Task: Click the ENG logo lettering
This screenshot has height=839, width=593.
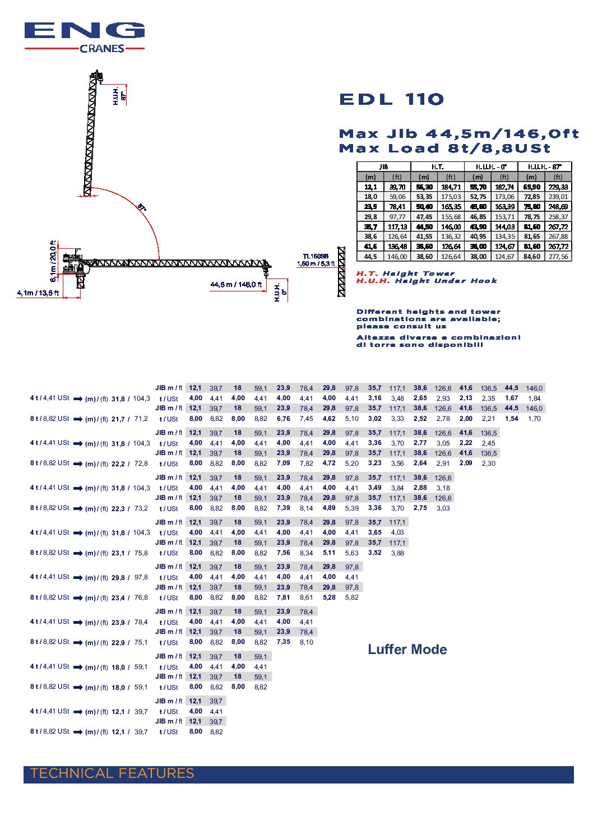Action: pos(84,31)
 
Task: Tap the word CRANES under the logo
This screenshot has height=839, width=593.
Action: pos(102,49)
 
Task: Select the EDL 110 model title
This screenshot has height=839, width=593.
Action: pos(391,100)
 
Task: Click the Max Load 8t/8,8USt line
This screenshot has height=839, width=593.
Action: pos(444,149)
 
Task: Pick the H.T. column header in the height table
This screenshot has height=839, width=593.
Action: pos(437,167)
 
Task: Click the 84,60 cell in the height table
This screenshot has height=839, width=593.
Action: pos(531,257)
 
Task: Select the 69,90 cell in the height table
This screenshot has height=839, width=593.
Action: pos(531,187)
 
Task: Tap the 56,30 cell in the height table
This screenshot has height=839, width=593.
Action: pos(424,187)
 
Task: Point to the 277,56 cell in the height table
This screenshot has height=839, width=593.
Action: pos(558,257)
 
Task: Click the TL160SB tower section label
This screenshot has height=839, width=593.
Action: pos(316,256)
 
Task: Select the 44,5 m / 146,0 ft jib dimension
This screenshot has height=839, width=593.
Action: pos(236,285)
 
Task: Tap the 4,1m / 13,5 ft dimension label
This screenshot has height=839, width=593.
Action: pos(38,293)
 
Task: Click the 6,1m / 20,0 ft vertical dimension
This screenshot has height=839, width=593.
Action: pos(53,261)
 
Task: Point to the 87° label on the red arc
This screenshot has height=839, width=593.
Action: pos(142,207)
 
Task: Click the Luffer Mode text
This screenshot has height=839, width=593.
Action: pos(407,650)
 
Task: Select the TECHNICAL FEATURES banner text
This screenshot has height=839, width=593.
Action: pos(112,774)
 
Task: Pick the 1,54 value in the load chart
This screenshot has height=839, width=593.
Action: pos(511,419)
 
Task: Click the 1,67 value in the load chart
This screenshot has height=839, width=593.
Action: pos(511,398)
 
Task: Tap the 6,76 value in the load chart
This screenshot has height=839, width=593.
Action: pos(284,419)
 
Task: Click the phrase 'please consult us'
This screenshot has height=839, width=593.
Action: pos(401,326)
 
